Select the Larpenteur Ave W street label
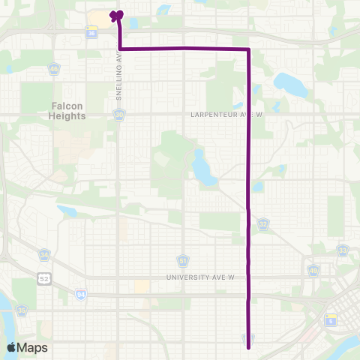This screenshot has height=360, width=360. (217, 115)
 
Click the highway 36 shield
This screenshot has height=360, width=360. (91, 34)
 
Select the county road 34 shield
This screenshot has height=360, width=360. (45, 256)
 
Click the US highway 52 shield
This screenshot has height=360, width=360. (46, 279)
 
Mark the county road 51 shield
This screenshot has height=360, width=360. (182, 259)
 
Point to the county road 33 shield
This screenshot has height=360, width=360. (343, 250)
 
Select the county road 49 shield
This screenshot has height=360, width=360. (313, 270)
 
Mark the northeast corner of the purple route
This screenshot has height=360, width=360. (248, 49)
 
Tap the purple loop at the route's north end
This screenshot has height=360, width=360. (116, 14)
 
